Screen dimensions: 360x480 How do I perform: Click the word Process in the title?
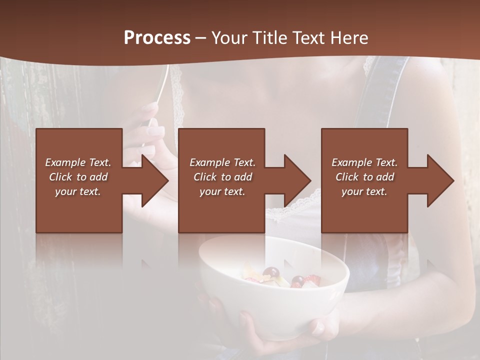157,38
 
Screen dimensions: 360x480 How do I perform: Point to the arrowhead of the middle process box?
296,180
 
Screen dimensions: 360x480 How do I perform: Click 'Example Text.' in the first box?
78,162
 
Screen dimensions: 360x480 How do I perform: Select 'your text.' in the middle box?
222,191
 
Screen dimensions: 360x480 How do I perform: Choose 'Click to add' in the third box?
364,177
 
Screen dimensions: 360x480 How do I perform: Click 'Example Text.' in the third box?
364,162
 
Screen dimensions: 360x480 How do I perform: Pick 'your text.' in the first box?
78,191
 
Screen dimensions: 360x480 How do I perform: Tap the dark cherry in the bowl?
271,273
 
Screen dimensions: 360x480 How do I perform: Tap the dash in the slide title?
201,38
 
